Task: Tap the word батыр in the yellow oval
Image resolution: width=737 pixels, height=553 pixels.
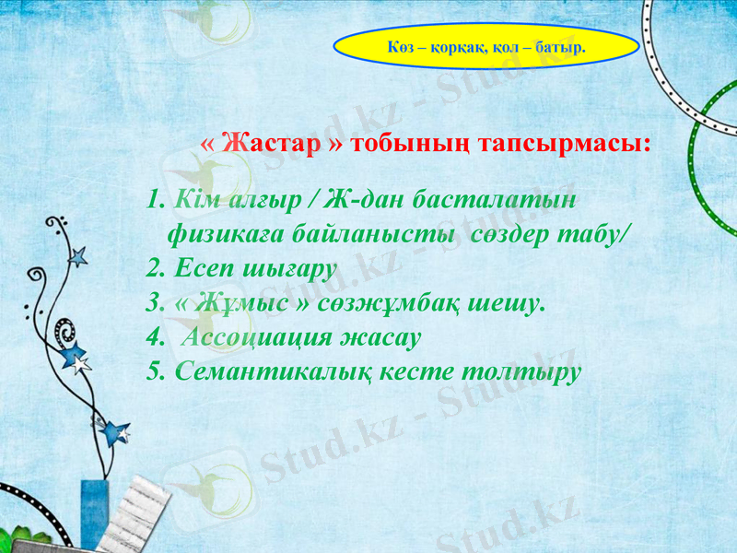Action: [561, 44]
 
